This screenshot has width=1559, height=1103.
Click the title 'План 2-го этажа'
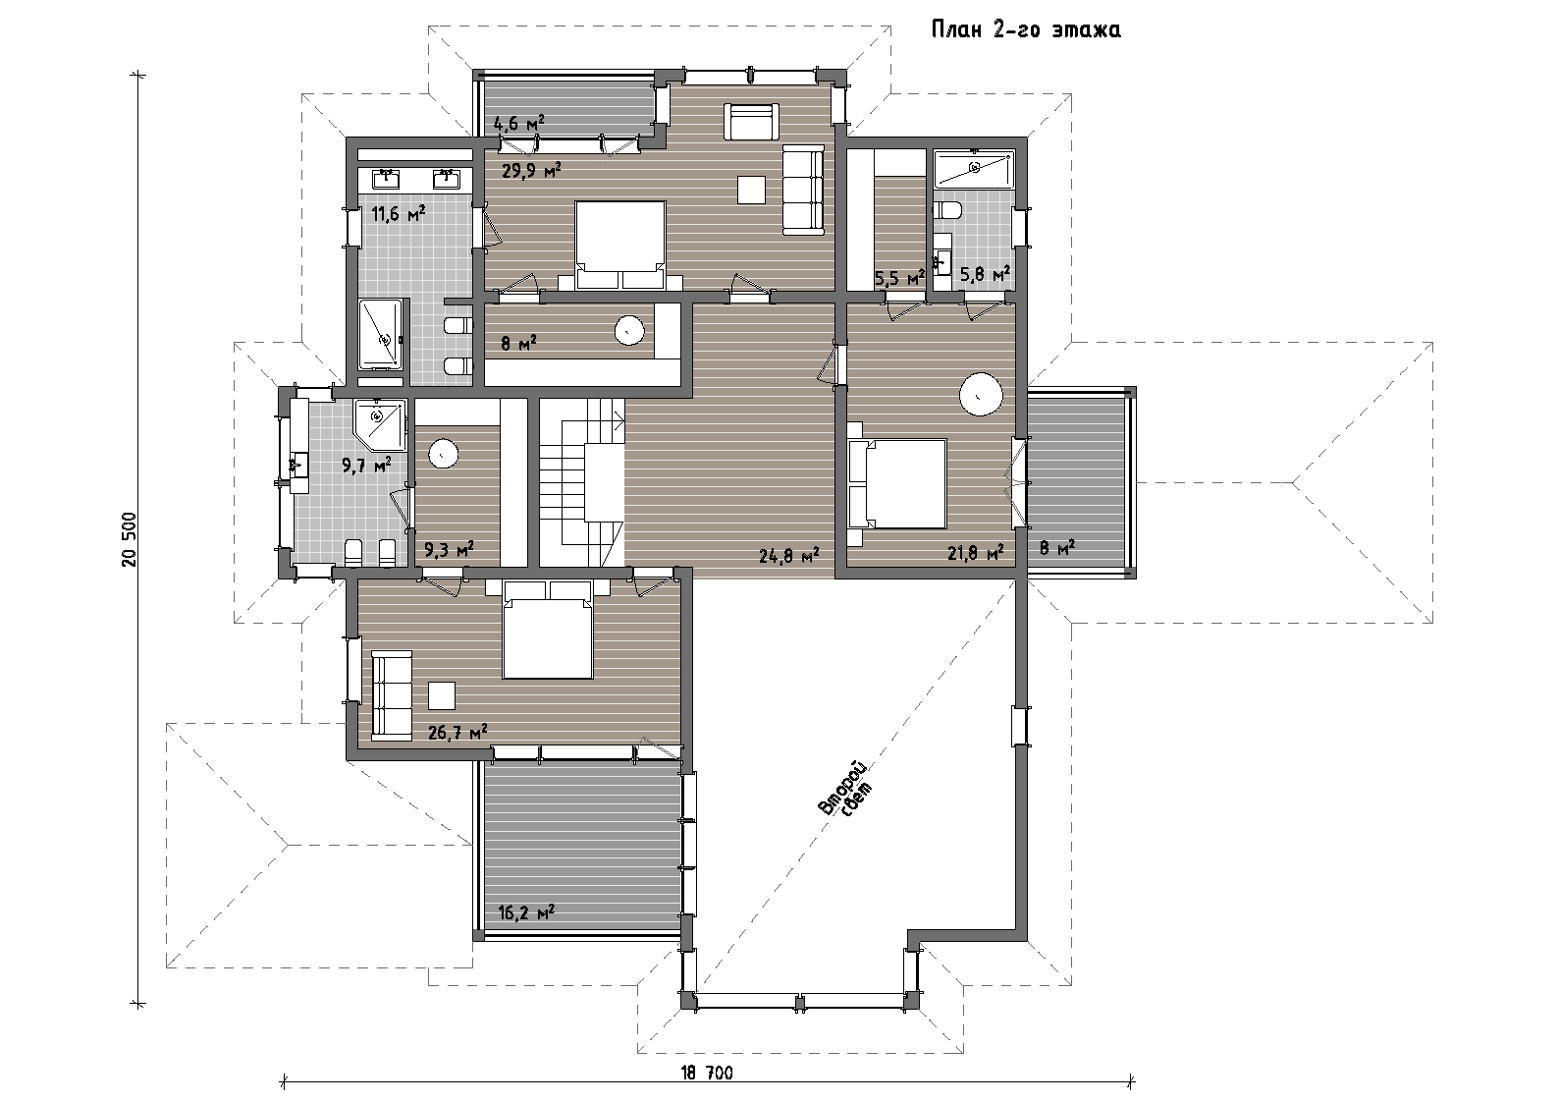tap(1026, 29)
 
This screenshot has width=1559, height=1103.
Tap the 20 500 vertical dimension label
tap(131, 539)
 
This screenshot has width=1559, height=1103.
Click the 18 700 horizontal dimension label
tap(707, 1074)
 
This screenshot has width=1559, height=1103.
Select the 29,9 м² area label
tap(532, 170)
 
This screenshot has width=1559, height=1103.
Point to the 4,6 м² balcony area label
tap(518, 124)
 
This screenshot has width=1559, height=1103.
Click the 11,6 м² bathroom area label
tap(399, 213)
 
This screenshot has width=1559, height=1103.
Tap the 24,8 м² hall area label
tap(789, 555)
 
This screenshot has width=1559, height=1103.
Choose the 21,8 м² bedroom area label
tap(976, 553)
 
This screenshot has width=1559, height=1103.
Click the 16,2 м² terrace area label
tap(526, 912)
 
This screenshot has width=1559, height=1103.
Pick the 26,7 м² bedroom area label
tap(457, 732)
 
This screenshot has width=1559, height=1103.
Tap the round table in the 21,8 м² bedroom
tap(981, 394)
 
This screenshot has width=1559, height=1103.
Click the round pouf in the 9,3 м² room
tap(444, 454)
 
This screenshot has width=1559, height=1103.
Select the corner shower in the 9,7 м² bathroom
tap(379, 423)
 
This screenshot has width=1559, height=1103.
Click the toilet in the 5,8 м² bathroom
tap(948, 209)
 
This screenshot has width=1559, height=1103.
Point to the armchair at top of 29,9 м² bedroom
tap(751, 122)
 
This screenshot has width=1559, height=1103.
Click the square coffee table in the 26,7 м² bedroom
tap(441, 695)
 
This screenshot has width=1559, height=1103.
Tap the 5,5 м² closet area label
tap(899, 279)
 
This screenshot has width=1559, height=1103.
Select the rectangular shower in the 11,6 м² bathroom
tap(381, 335)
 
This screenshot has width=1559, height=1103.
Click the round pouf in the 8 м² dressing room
tap(629, 330)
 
